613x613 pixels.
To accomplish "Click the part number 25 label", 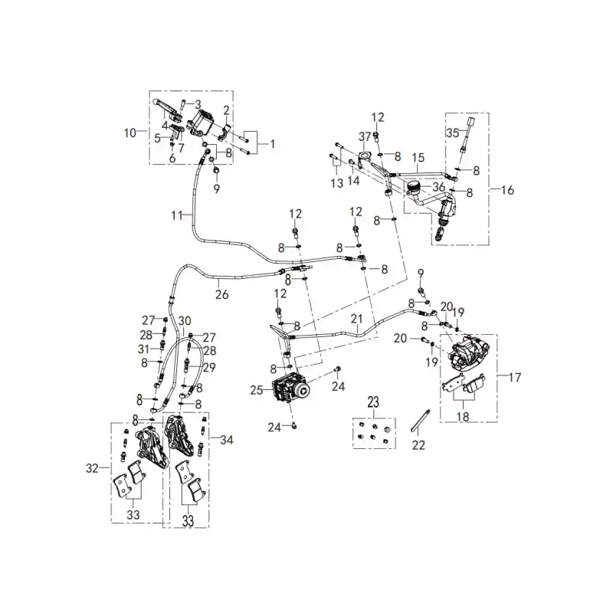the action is point(257,390).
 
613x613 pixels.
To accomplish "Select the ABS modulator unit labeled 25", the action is point(291,389).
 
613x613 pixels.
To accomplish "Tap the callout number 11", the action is point(177,215).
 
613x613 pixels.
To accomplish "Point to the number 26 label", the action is point(221,294).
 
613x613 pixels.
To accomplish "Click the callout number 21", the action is point(356,319).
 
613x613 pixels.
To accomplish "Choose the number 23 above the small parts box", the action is point(373,402).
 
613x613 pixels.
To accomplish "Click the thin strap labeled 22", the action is point(420,420).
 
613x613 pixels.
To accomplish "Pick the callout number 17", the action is point(515,377).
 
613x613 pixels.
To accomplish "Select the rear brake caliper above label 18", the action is point(467,352).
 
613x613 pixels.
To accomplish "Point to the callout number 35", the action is point(453,133).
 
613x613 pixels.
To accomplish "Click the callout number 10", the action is point(130,133).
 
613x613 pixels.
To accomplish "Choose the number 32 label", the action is point(92,467).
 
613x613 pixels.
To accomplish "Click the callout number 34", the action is point(227,440).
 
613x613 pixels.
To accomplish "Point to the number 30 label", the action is point(185,321).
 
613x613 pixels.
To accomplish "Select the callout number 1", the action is point(273,144).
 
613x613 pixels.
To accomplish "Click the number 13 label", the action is point(337,183).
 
